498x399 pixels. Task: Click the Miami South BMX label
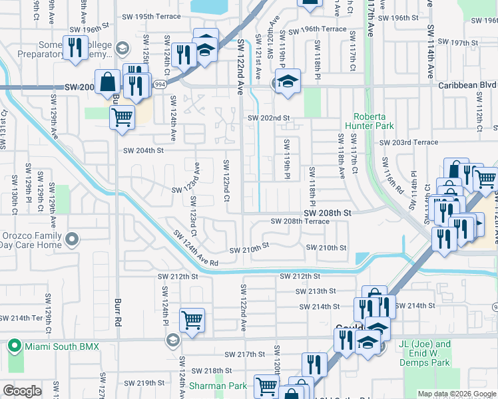[61, 346]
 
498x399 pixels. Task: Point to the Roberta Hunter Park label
[369, 120]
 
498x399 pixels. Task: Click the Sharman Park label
[208, 386]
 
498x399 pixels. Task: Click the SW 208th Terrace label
[299, 221]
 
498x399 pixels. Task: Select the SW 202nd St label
[269, 118]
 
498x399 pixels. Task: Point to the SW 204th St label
[142, 150]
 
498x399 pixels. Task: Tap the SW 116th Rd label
[392, 176]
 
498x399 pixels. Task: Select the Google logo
[23, 391]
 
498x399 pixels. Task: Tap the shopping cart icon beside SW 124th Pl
[192, 320]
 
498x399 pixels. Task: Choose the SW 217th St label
[244, 354]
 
